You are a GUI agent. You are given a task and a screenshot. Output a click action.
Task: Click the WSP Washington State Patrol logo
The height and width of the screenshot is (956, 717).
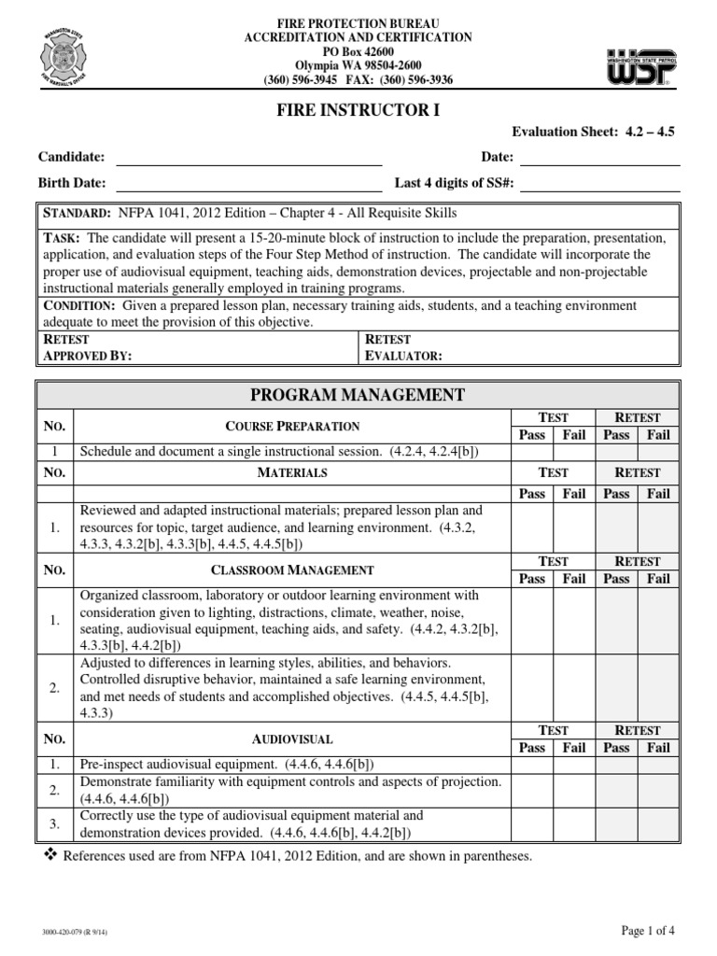click(641, 67)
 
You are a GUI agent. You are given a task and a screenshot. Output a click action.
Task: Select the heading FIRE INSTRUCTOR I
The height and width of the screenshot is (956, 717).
click(357, 110)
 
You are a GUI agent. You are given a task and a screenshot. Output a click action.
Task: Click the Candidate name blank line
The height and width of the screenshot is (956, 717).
click(249, 158)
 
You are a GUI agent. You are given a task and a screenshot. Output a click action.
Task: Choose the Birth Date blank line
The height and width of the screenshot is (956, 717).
click(249, 183)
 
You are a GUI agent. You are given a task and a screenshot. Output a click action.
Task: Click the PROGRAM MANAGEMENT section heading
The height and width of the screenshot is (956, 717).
click(358, 395)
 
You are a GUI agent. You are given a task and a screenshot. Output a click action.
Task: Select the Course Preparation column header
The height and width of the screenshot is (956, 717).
click(292, 426)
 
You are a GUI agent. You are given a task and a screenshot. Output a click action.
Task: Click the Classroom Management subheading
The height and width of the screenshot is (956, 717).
click(292, 569)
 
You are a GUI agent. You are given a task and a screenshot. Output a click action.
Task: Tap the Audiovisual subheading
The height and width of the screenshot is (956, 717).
click(292, 738)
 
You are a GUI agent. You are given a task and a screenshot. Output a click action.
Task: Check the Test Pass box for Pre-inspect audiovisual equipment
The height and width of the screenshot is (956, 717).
click(532, 763)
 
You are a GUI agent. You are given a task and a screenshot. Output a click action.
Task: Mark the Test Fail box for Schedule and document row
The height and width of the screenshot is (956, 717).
click(572, 452)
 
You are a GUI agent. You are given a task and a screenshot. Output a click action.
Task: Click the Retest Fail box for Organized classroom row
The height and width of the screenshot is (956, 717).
click(658, 620)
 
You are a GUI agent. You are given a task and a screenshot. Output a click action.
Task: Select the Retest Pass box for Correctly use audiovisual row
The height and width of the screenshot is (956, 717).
click(616, 823)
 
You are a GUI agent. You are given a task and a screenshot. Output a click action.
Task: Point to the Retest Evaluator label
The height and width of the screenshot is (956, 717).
click(402, 348)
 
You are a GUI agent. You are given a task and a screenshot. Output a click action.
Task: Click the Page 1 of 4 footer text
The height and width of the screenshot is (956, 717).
click(648, 929)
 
